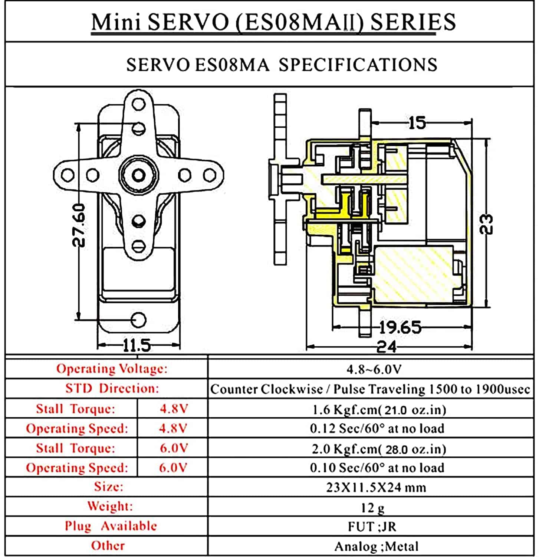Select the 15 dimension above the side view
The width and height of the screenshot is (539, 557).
pos(417,123)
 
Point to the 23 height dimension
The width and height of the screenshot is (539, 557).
pos(487,224)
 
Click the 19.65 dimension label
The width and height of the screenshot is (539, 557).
pos(400,328)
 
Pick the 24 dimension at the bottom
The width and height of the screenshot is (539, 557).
pos(387,347)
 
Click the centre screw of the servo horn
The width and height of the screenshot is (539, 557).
pos(139,175)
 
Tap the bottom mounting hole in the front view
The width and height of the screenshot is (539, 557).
pos(139,319)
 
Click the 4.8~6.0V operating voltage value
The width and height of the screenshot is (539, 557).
pos(374,369)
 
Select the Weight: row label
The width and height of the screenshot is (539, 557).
pos(110,506)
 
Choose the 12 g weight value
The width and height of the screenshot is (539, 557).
pos(372,507)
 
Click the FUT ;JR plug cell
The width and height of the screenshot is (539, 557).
pos(372,527)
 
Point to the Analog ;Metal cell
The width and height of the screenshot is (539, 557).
pos(376,546)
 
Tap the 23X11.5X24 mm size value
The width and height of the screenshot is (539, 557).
pos(376,487)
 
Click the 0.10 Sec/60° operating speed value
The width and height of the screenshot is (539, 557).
pos(377,468)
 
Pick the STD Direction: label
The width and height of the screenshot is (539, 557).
pos(112,388)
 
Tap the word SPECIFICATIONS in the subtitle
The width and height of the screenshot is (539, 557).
pos(358,65)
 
